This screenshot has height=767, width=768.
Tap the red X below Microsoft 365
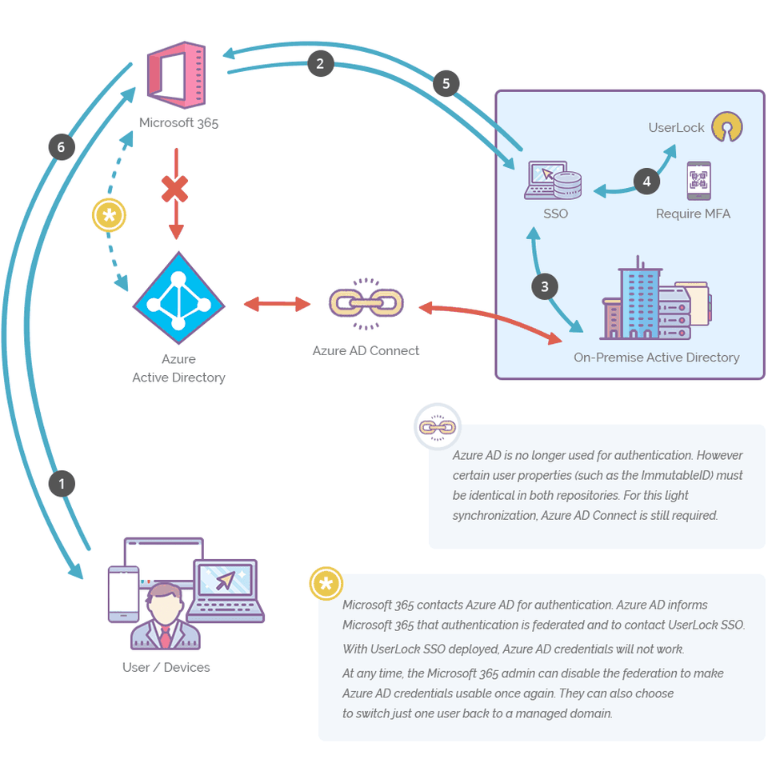point(175,190)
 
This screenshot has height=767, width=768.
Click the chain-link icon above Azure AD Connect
point(366,304)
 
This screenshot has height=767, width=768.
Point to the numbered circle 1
point(62,483)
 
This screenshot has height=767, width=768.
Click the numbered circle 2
point(320,64)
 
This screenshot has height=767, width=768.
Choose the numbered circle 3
point(545,286)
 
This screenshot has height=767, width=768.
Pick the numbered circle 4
point(646,181)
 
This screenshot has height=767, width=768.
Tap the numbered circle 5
point(446,83)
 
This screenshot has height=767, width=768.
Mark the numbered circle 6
point(61,146)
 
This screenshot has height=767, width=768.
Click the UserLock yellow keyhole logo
point(728,126)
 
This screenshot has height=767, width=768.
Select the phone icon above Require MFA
point(698,181)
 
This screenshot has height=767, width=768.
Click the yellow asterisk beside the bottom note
point(326,585)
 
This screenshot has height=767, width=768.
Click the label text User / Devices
point(166,667)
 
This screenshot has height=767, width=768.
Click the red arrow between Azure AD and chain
point(277,304)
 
